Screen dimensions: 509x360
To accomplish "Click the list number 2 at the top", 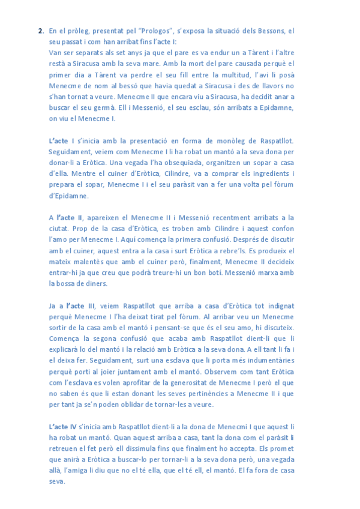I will (x=40, y=31).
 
